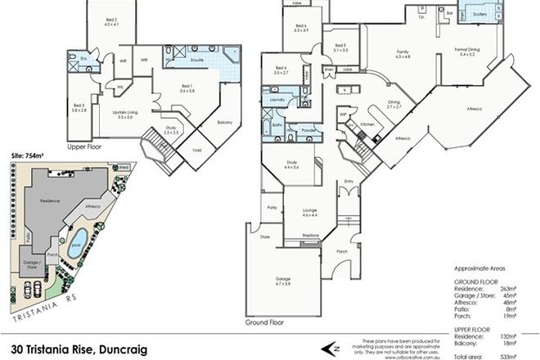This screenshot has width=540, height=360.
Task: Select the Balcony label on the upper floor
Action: click(225, 121)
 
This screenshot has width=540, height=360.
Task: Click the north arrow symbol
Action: click(335, 344)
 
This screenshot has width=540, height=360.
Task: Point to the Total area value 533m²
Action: click(522, 355)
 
